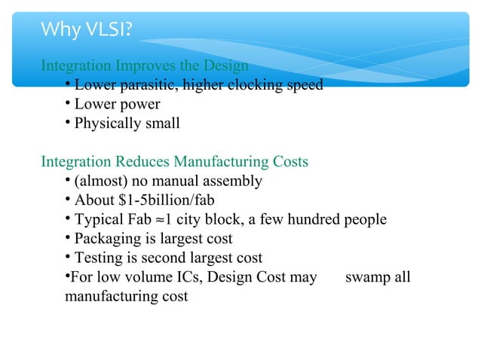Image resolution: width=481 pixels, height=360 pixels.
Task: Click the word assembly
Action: [233, 182]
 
